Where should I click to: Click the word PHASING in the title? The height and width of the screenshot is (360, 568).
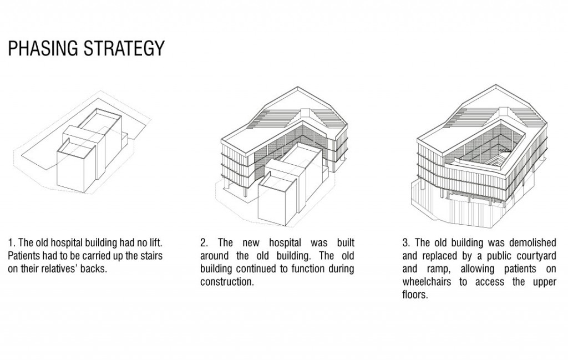[x=42, y=49]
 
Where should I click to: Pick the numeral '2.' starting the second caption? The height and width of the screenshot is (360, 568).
[x=204, y=243]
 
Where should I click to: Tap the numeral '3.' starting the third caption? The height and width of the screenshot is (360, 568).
[x=407, y=243]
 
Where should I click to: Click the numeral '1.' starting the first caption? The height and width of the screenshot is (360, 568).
[x=11, y=243]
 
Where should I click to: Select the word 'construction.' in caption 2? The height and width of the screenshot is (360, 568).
[x=227, y=281]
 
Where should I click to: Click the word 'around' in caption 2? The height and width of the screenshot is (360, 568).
[x=214, y=256]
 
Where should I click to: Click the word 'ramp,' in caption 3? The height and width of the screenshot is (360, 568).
[x=435, y=268]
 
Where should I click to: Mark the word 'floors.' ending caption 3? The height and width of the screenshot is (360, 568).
[x=415, y=294]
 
